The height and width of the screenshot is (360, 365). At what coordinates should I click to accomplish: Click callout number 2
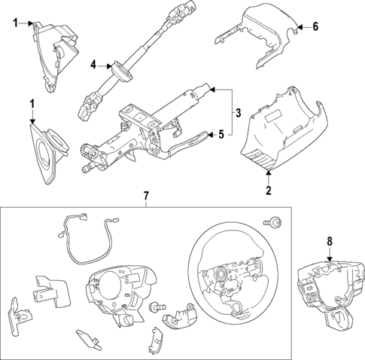click(x=269, y=191)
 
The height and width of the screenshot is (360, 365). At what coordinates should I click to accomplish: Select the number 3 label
click(x=238, y=114)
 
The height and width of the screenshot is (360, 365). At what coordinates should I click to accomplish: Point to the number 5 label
click(x=221, y=136)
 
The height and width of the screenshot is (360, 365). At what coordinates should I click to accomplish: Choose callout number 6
click(x=316, y=26)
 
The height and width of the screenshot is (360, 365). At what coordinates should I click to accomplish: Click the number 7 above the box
click(x=148, y=197)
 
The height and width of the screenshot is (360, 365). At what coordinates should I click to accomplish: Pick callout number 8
click(x=329, y=242)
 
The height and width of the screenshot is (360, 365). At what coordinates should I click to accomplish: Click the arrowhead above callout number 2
click(x=269, y=175)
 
